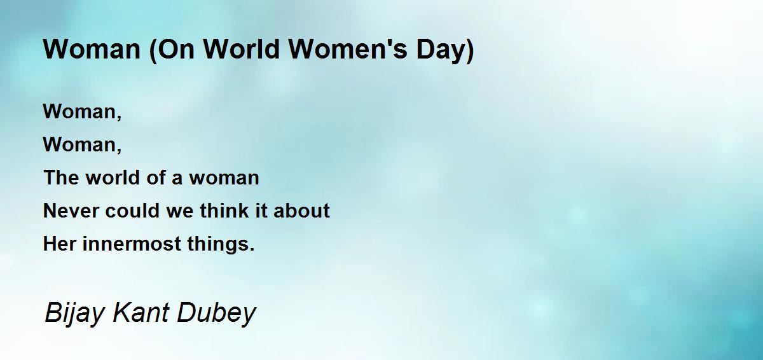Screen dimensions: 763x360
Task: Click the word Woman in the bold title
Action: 92,49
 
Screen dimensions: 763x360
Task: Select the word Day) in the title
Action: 445,51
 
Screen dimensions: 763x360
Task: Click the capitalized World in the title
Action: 242,49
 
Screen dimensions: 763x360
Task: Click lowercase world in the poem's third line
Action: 113,177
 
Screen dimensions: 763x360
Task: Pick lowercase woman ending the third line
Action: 224,178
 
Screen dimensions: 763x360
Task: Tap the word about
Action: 301,211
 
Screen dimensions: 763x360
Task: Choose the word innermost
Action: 132,244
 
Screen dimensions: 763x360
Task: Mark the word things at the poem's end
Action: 218,244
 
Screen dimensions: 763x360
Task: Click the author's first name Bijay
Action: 74,314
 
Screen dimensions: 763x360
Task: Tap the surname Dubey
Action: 217,314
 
